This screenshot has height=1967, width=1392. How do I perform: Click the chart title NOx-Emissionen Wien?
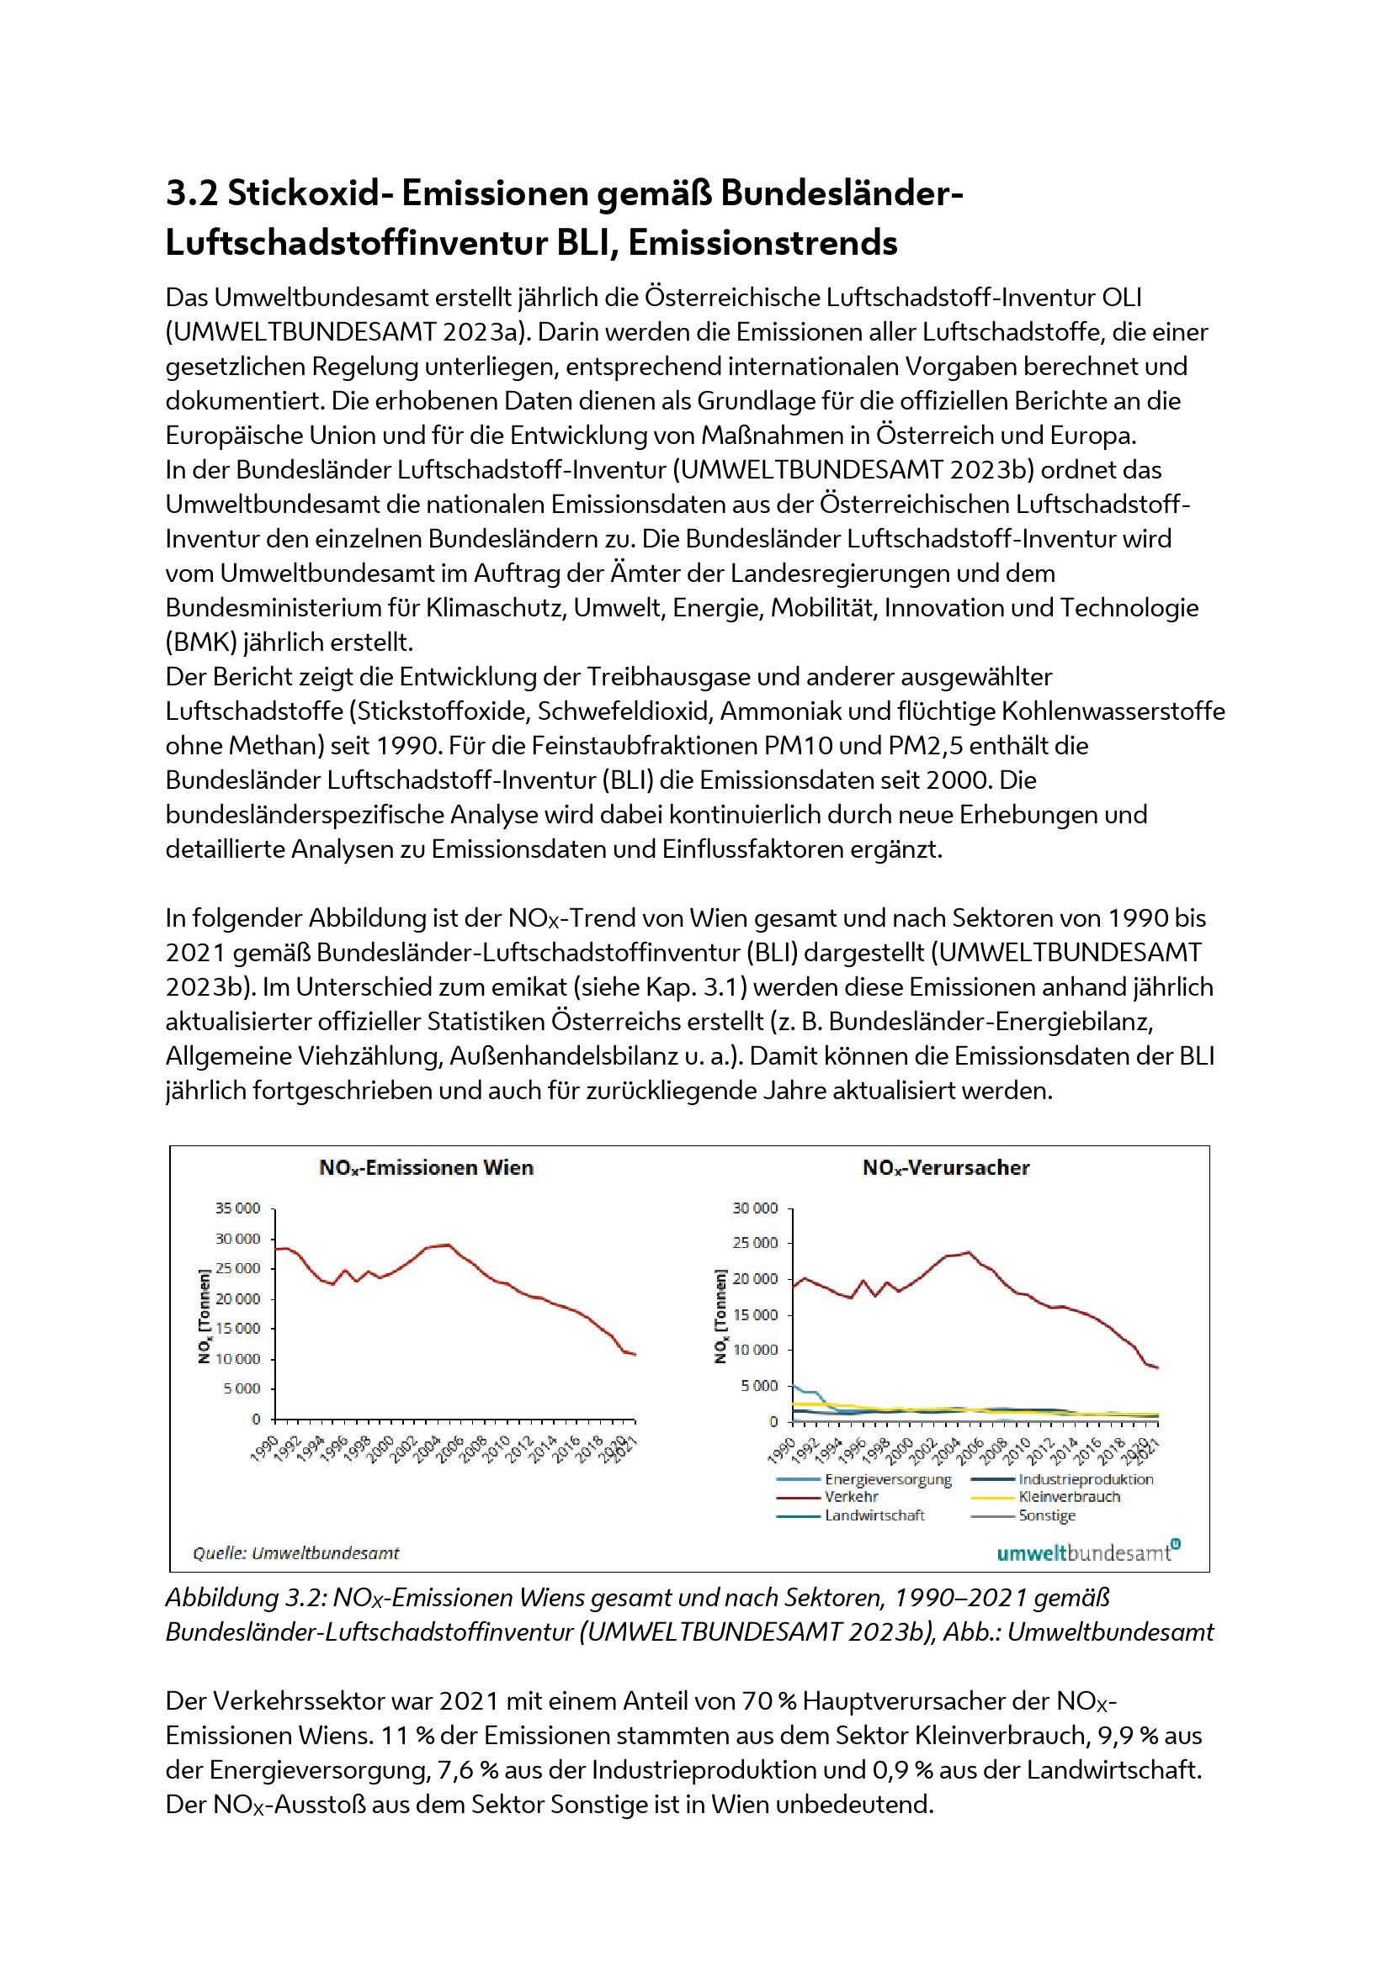pos(426,1168)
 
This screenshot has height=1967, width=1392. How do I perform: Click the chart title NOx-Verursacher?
pos(945,1168)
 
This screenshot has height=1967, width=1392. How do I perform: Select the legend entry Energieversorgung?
pos(888,1479)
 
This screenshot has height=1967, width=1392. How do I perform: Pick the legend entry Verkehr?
pos(851,1497)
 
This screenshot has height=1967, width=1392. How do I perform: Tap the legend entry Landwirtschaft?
pos(874,1515)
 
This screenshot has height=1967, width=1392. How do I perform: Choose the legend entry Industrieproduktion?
pos(1085,1479)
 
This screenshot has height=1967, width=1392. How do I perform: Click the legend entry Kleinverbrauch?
pos(1069,1497)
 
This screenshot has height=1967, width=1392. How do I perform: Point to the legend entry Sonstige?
pos(1047,1515)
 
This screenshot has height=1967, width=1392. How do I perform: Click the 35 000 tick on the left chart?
pos(237,1208)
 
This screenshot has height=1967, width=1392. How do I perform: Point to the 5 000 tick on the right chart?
pos(759,1386)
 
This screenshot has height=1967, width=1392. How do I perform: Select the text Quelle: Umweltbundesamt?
pos(295,1553)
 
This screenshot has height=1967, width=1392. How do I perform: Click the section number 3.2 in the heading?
pos(192,193)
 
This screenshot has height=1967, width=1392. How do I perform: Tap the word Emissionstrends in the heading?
pos(762,243)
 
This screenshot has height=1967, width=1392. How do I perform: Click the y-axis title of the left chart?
pos(204,1315)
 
